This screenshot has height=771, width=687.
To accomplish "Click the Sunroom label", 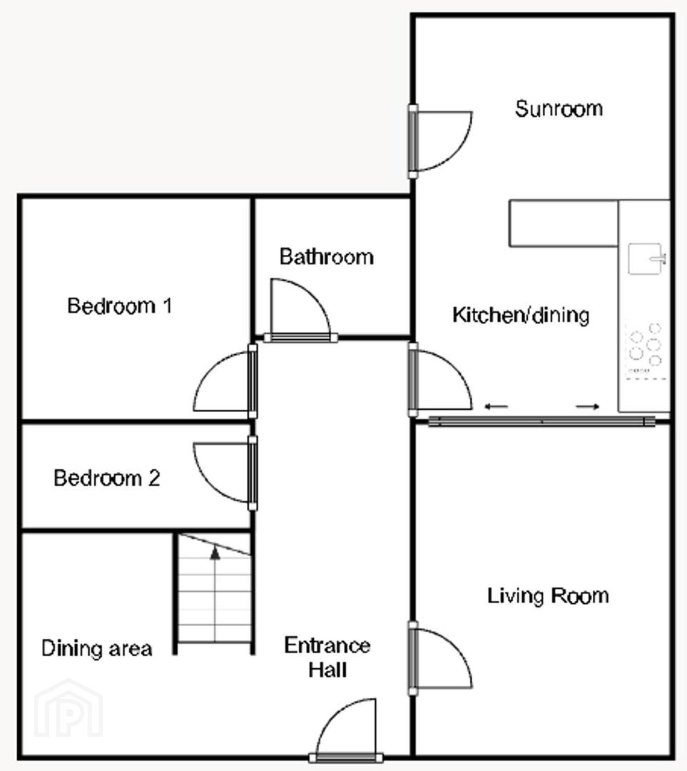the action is [559, 109].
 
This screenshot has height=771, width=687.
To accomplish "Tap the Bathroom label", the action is [326, 257].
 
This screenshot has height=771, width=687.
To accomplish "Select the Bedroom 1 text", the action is [119, 306].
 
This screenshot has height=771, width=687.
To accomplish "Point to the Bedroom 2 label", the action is [106, 478].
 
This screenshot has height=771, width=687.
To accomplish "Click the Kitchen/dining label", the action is [520, 316].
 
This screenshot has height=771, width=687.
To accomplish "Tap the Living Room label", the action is [548, 596].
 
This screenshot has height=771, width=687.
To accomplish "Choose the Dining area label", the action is [97, 648].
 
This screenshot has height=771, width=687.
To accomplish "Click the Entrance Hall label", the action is [327, 657].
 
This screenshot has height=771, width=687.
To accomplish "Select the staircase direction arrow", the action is [215, 594].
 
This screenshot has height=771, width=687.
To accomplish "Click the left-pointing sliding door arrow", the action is [496, 407].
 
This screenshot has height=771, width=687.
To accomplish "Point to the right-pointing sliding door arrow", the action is [588, 407].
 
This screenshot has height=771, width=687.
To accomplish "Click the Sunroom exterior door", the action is [441, 141].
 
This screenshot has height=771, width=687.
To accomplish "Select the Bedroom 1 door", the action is [225, 381].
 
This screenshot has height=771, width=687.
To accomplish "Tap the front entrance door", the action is [346, 730].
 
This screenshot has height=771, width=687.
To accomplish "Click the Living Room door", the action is [441, 658].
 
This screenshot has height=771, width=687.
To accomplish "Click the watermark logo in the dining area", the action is [68, 708].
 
